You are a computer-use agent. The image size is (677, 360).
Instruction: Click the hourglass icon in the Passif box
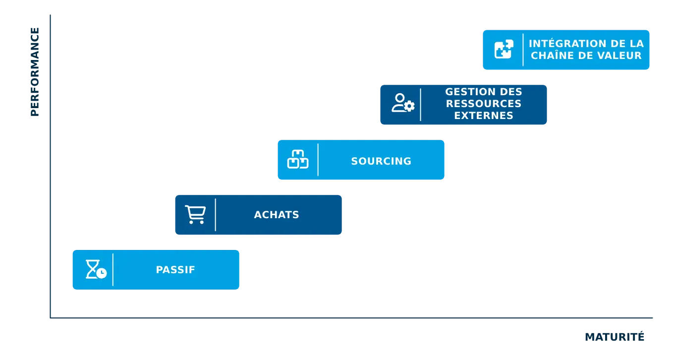[x=96, y=269]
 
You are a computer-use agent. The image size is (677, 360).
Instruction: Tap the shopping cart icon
[x=195, y=215]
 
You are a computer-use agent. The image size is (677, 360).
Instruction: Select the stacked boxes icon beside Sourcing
[x=298, y=160]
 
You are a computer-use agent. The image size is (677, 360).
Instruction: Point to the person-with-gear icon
[x=402, y=103]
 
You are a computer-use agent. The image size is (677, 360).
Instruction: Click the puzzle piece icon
[x=504, y=50]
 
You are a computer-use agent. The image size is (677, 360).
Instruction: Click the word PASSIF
[x=175, y=270]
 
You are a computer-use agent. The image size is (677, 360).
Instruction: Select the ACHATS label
[x=277, y=215]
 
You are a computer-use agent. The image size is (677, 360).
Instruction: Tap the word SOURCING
[x=381, y=161]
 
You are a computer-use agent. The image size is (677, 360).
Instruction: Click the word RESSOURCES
[x=484, y=104]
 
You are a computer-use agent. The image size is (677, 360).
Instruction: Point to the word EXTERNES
[x=484, y=116]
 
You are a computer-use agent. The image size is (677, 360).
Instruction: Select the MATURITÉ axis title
[x=614, y=336]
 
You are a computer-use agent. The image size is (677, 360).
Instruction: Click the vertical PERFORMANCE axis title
[x=34, y=73]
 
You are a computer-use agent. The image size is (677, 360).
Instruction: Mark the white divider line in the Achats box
[x=216, y=215]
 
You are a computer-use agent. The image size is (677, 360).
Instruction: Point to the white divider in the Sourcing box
[x=318, y=160]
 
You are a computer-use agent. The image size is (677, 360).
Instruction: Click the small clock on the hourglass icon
[x=102, y=273]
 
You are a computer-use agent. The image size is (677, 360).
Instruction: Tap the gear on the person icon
[x=409, y=106]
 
